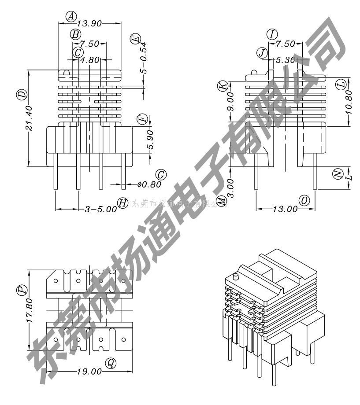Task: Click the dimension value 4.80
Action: (x=90, y=60)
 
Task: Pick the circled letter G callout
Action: (x=161, y=175)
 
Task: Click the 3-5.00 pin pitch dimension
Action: (x=100, y=210)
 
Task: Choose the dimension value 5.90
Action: (x=150, y=140)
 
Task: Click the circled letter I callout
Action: (x=272, y=34)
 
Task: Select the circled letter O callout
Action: (x=304, y=200)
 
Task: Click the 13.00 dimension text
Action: (x=286, y=210)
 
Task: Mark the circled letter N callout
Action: (x=338, y=174)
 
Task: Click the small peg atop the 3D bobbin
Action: (x=236, y=277)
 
